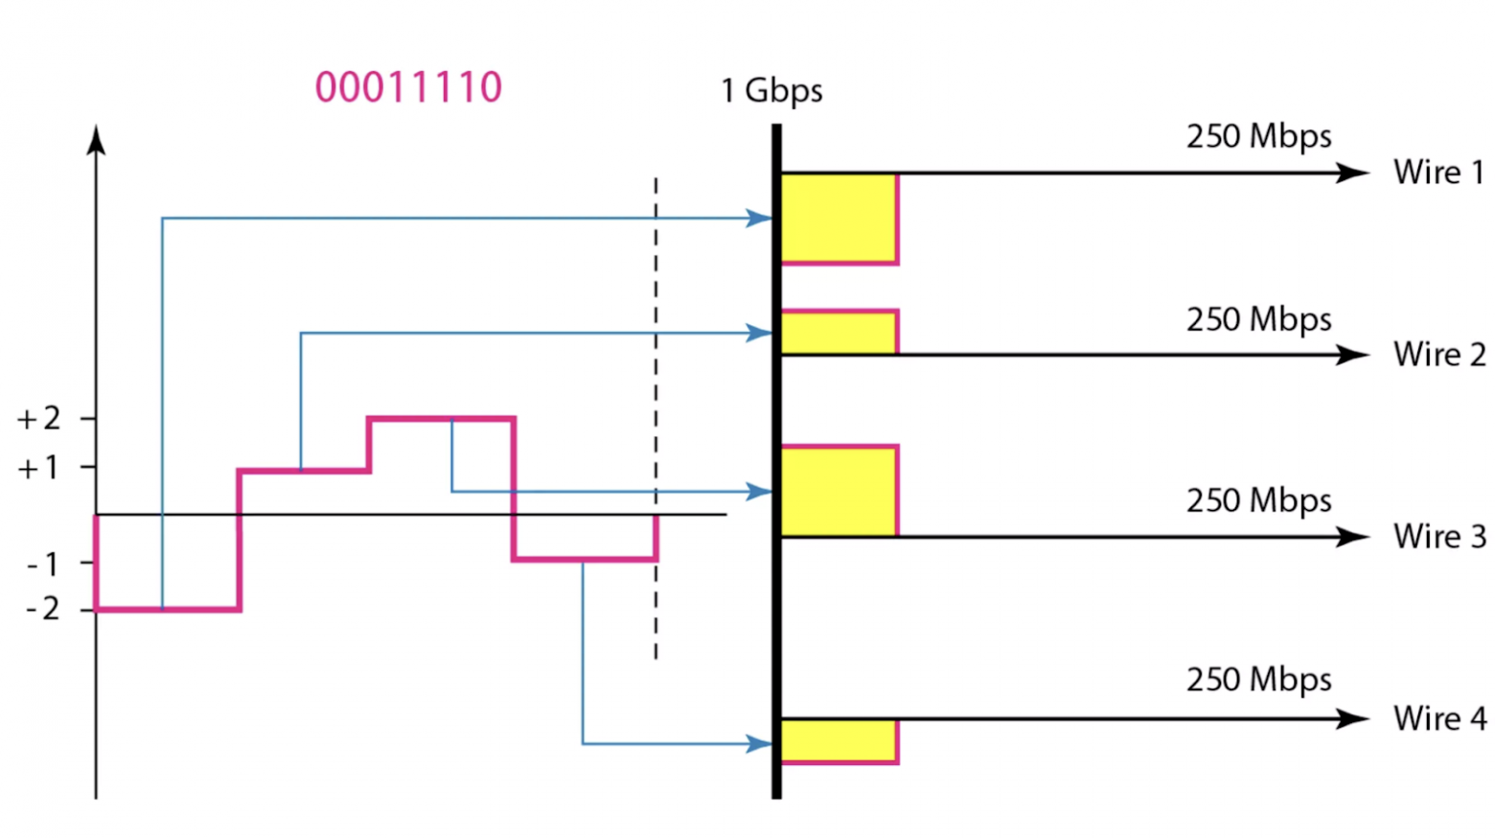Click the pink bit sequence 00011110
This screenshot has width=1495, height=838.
(x=408, y=87)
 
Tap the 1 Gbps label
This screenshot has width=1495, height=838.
(x=771, y=91)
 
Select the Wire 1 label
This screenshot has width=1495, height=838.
(x=1438, y=173)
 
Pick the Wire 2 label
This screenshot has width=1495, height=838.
(x=1439, y=355)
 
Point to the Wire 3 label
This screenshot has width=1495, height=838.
(x=1439, y=537)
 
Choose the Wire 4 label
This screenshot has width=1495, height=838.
(x=1439, y=718)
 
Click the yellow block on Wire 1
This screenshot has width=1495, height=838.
(x=839, y=218)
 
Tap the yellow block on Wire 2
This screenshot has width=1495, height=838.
(x=839, y=333)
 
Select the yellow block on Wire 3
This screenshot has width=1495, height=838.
(x=839, y=491)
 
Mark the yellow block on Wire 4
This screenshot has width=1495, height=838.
(x=839, y=741)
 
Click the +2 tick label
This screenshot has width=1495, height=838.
(x=39, y=419)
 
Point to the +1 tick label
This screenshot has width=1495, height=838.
(x=39, y=468)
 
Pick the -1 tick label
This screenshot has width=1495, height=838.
(x=42, y=564)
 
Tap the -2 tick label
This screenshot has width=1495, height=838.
(x=42, y=609)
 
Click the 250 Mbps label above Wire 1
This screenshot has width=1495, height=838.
(x=1258, y=137)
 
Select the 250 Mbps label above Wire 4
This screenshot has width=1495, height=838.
(x=1258, y=680)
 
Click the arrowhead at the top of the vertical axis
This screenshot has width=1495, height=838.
(x=96, y=140)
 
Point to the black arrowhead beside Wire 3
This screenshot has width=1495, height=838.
(x=1353, y=537)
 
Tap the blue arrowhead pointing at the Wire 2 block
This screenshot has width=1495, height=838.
(x=759, y=333)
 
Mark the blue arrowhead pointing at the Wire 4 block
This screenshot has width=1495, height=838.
(x=759, y=743)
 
